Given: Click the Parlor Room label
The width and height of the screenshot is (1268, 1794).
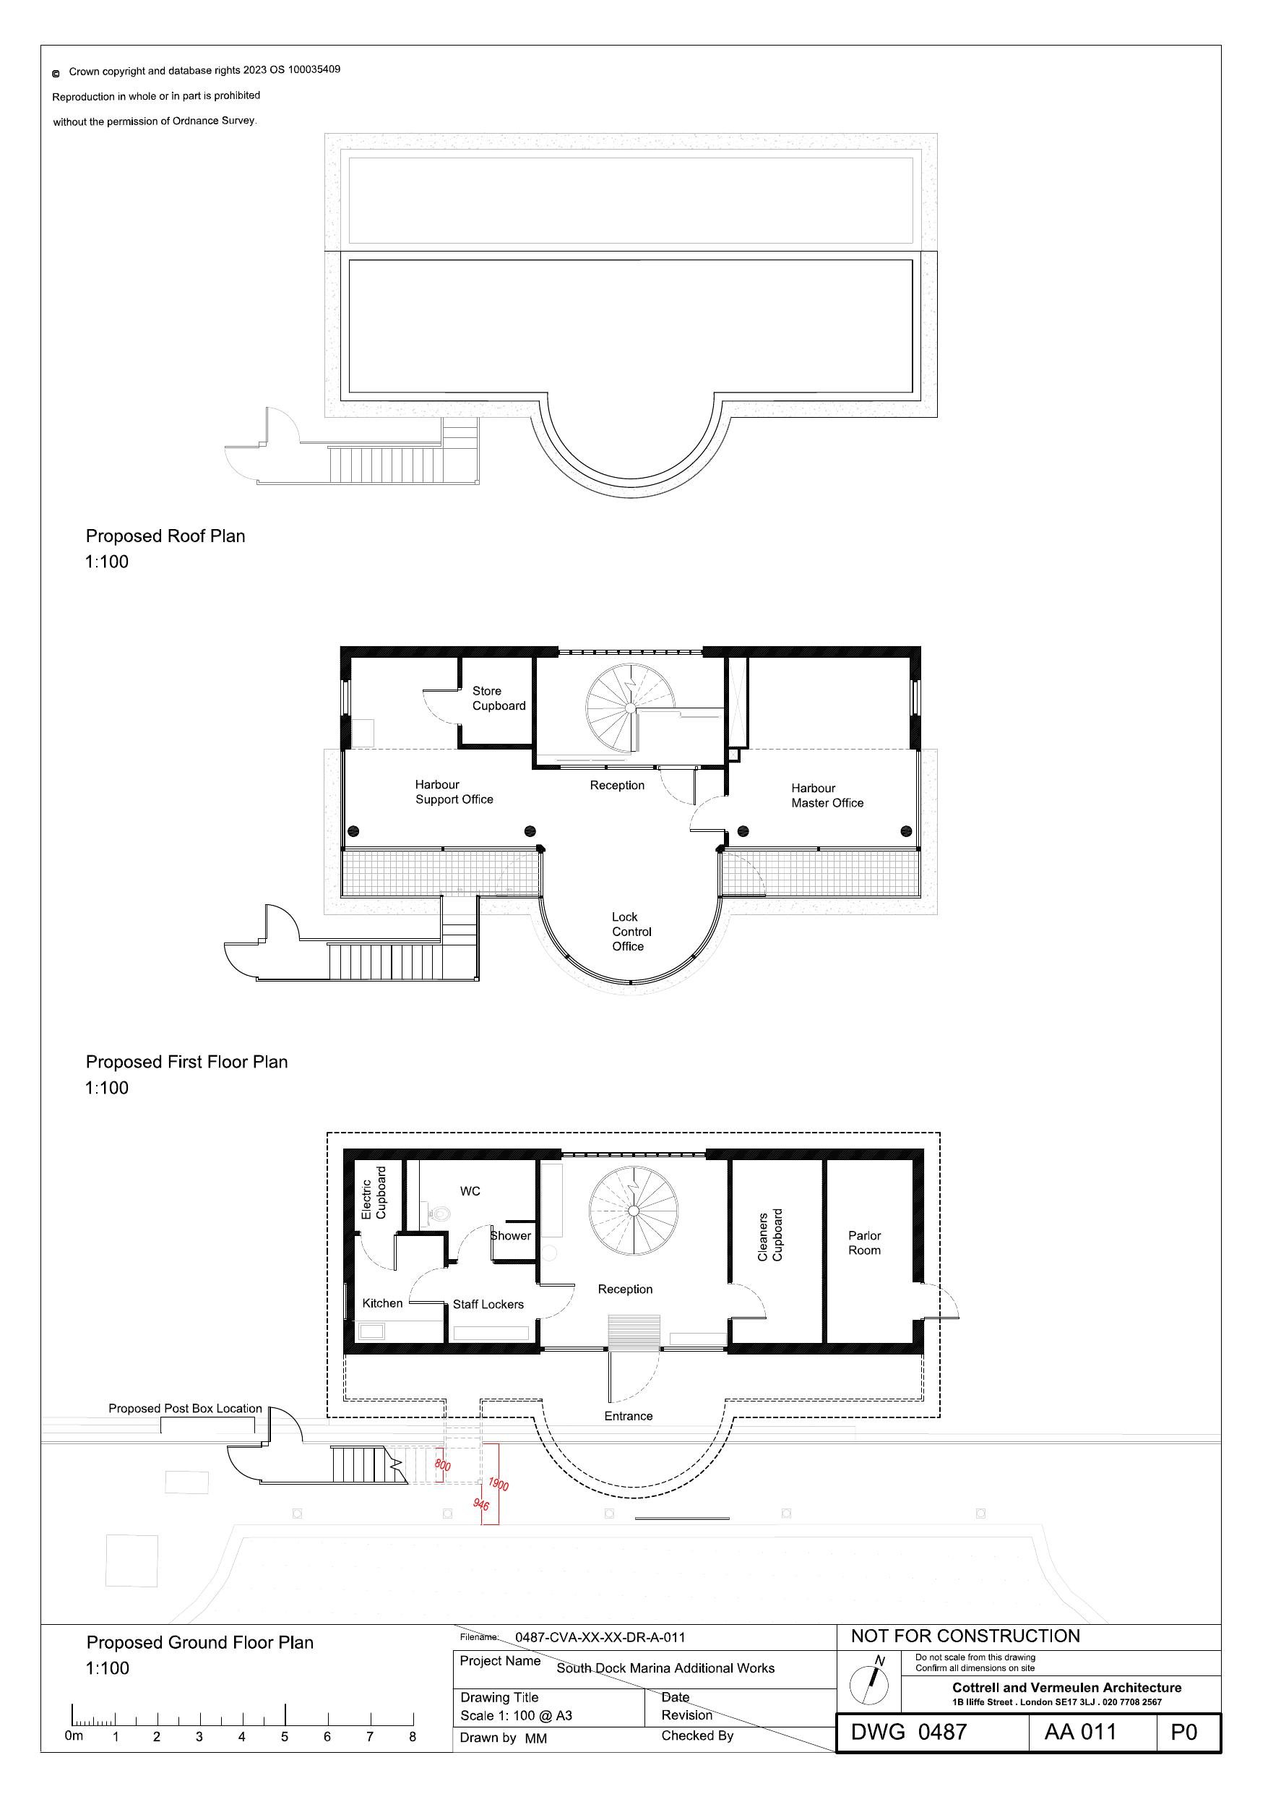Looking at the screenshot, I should pyautogui.click(x=864, y=1243).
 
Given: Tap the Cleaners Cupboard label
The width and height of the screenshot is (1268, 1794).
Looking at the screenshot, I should pyautogui.click(x=769, y=1235).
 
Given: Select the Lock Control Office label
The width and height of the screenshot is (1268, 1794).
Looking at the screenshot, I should pyautogui.click(x=631, y=932).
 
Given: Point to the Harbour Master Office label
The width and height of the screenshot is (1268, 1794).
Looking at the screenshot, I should pyautogui.click(x=827, y=795).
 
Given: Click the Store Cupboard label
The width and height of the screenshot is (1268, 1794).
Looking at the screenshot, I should pyautogui.click(x=499, y=698).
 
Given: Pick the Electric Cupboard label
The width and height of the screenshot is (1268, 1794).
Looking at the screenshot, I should pyautogui.click(x=374, y=1193).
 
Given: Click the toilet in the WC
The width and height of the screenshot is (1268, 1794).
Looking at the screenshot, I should pyautogui.click(x=441, y=1214).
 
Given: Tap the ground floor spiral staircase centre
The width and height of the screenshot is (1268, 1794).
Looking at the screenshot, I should pyautogui.click(x=633, y=1211).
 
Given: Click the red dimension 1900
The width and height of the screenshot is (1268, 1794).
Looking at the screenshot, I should pyautogui.click(x=499, y=1484).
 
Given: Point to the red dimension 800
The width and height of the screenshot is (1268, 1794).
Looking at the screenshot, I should pyautogui.click(x=442, y=1465).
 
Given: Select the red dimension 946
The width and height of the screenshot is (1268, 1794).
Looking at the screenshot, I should pyautogui.click(x=481, y=1504).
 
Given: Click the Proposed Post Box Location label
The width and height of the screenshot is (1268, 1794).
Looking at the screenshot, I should pyautogui.click(x=185, y=1408).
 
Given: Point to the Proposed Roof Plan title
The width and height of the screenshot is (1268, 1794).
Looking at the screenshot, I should pyautogui.click(x=165, y=536).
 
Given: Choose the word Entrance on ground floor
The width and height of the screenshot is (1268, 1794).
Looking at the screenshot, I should pyautogui.click(x=628, y=1416).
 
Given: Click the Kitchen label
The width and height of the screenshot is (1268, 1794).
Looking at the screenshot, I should pyautogui.click(x=382, y=1303).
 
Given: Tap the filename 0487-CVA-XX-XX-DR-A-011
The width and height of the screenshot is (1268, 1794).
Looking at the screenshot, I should pyautogui.click(x=600, y=1637).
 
